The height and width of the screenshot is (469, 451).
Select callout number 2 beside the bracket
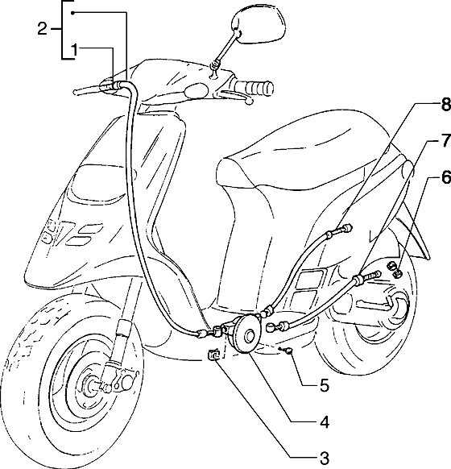(x=42, y=29)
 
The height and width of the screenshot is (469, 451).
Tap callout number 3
(x=324, y=459)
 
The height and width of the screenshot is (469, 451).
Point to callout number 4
(x=324, y=422)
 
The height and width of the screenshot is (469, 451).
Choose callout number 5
(x=325, y=385)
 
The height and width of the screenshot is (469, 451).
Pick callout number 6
(x=445, y=177)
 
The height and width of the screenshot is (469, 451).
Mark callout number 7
(x=445, y=140)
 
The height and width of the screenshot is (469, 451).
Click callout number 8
(x=445, y=105)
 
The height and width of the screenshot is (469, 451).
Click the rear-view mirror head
(x=259, y=25)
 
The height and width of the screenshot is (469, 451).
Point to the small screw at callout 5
(x=288, y=351)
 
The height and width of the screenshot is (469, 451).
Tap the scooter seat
(x=302, y=156)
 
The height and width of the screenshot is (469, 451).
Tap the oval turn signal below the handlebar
(x=197, y=90)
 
